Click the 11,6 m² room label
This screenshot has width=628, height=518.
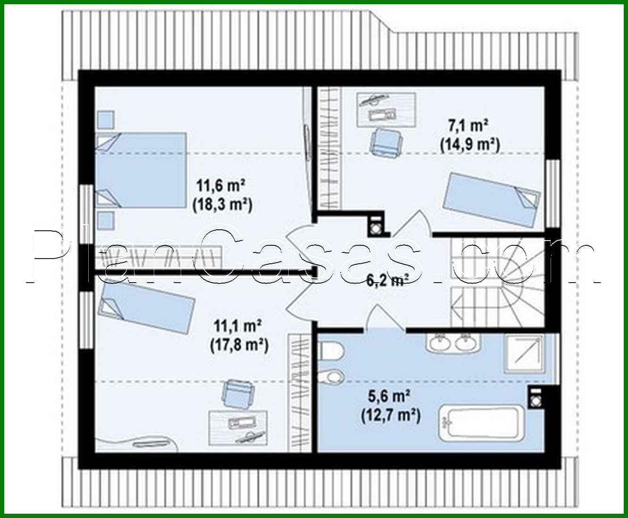coord(220,185)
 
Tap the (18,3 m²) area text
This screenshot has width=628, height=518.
coord(222,205)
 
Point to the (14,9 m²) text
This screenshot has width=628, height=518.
coord(470,145)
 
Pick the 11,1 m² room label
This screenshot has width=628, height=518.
coord(237,326)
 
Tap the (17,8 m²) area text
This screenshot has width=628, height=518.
coord(239,345)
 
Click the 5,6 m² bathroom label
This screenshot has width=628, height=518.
coord(390,396)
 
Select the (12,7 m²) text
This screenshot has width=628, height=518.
coord(391,416)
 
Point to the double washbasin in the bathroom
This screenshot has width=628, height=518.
coord(453,343)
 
